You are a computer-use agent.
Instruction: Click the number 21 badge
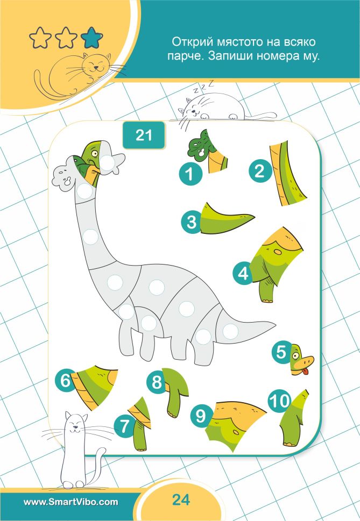point(144,135)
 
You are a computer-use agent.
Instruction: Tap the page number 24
point(181,499)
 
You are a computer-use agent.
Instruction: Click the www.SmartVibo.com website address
point(70,502)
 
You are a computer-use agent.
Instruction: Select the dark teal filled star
point(91,38)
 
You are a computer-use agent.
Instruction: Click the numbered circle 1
point(190,174)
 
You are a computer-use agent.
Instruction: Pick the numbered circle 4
point(244,273)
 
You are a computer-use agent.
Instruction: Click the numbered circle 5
point(282,352)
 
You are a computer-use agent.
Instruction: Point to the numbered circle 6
point(66,380)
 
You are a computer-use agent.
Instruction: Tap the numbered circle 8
point(157,382)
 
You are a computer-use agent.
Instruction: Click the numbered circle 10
point(280,401)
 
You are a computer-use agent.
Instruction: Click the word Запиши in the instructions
point(230,55)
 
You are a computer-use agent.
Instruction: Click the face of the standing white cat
point(76,424)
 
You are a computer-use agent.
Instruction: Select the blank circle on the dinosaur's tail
point(230,331)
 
